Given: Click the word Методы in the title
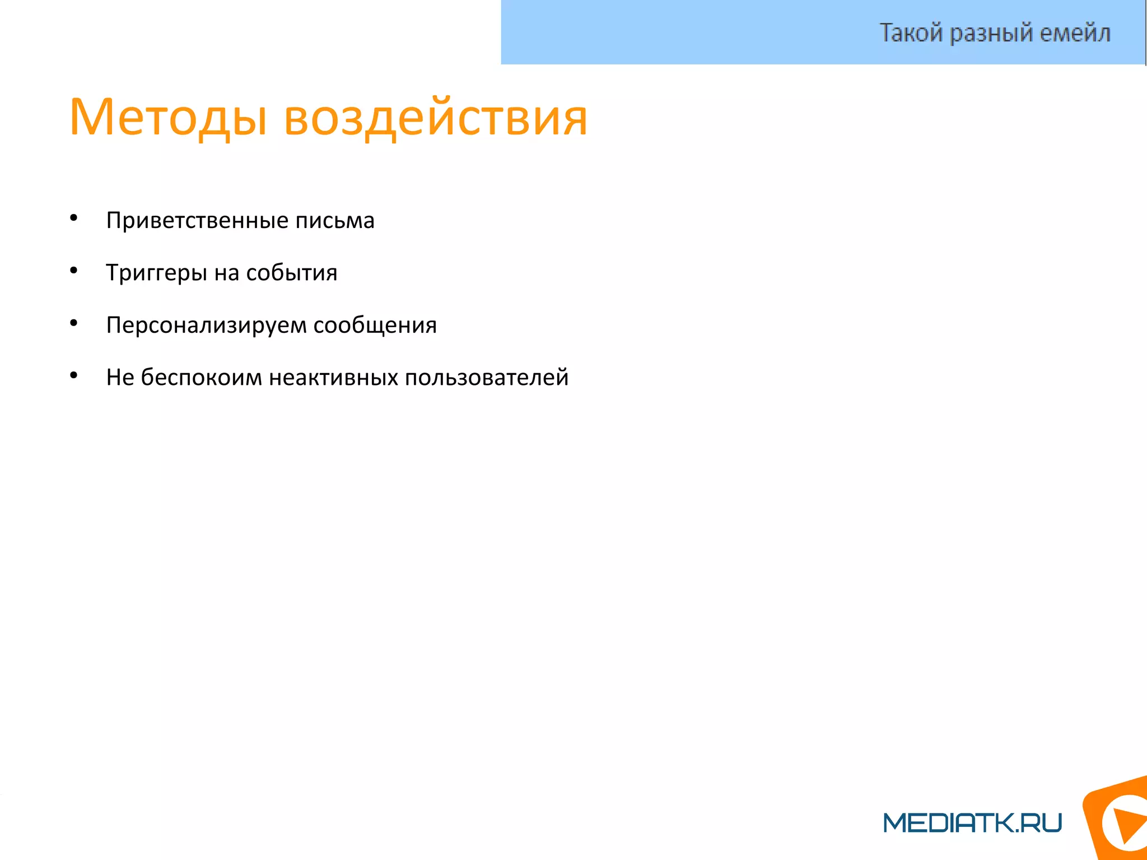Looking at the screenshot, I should [167, 118].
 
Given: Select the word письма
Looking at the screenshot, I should [335, 221].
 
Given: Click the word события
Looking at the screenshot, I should [292, 273].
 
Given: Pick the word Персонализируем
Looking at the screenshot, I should [206, 326].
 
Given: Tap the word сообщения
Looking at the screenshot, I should [375, 326].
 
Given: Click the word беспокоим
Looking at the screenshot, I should [201, 378].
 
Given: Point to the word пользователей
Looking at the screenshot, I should [487, 378].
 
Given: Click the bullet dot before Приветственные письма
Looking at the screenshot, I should [73, 218].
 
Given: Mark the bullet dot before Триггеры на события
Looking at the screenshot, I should [73, 271].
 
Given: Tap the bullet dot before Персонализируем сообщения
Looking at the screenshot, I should [73, 323].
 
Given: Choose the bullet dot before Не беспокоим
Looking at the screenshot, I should [73, 375].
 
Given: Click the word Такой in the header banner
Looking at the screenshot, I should [911, 32].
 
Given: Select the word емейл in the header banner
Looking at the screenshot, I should [1075, 32].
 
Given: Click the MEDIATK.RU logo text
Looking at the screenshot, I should [972, 822].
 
